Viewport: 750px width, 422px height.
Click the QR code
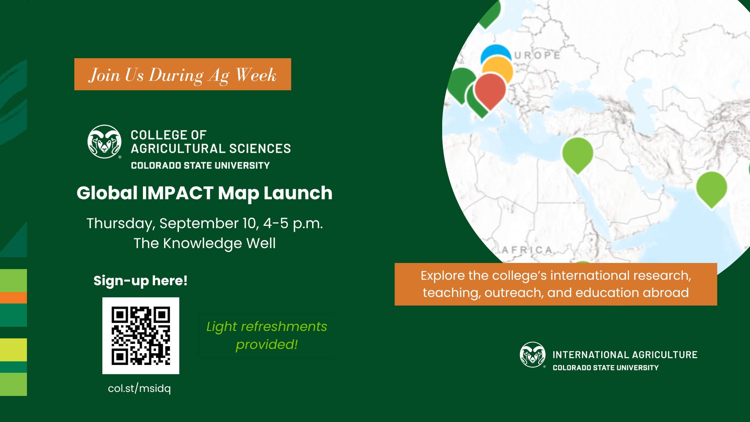pos(141,336)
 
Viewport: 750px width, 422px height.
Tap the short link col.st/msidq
pos(139,388)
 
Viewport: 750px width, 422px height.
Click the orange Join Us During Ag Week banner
pos(182,74)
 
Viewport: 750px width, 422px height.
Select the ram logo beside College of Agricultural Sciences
pos(104,141)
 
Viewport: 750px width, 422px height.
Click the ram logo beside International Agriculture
pos(532,355)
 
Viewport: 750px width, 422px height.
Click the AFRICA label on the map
pos(527,250)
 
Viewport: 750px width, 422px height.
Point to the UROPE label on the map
pos(537,55)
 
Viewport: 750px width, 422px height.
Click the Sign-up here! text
pos(141,281)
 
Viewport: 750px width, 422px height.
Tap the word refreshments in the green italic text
pos(284,326)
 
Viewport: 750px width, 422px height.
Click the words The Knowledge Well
pos(205,243)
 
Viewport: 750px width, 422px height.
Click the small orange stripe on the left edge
pos(13,298)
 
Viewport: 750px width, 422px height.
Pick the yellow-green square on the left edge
pos(13,350)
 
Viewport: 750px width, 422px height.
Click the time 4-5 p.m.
pos(293,224)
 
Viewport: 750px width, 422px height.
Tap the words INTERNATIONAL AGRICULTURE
pos(625,355)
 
